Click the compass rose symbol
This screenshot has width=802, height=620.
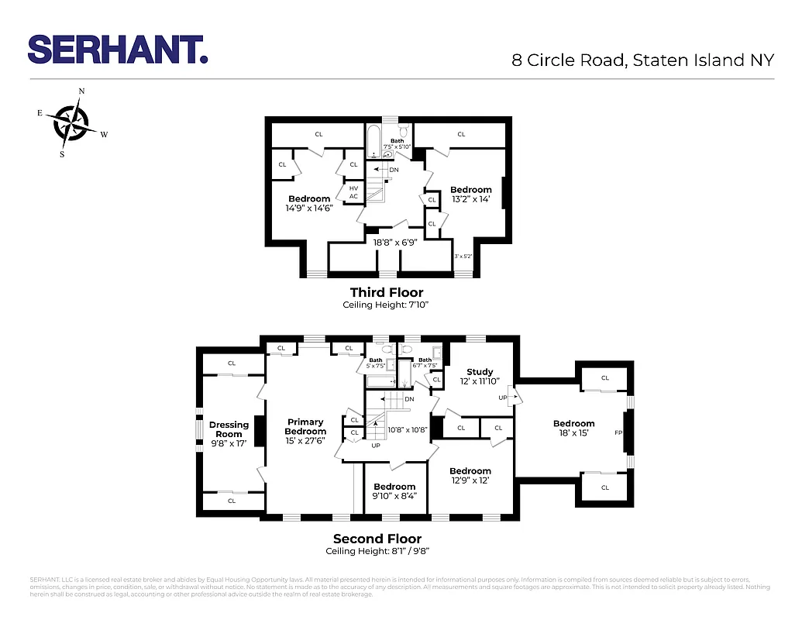click(71, 122)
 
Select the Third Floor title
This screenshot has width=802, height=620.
click(387, 292)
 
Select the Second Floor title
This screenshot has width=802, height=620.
click(377, 539)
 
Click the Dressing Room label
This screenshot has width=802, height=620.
click(229, 429)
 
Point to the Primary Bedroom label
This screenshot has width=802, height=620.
click(305, 427)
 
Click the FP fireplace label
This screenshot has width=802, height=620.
click(618, 432)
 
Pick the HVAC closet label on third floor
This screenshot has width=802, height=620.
click(353, 192)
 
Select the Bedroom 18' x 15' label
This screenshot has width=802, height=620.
click(573, 429)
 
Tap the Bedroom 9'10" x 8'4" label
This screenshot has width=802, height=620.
click(394, 491)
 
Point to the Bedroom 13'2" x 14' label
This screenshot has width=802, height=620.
click(471, 194)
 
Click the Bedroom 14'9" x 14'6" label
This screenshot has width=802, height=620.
click(309, 203)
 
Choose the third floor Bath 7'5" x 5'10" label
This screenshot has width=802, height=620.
click(398, 143)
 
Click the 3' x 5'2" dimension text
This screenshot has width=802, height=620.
click(463, 257)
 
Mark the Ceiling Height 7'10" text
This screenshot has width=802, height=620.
click(386, 305)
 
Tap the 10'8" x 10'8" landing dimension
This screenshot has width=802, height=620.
click(408, 429)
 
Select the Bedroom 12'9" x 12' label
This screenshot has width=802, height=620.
click(470, 475)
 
